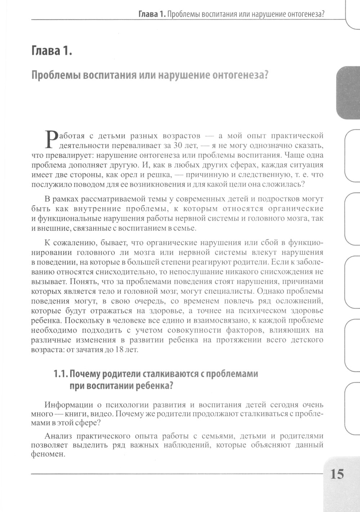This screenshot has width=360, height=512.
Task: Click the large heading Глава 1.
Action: [52, 51]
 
